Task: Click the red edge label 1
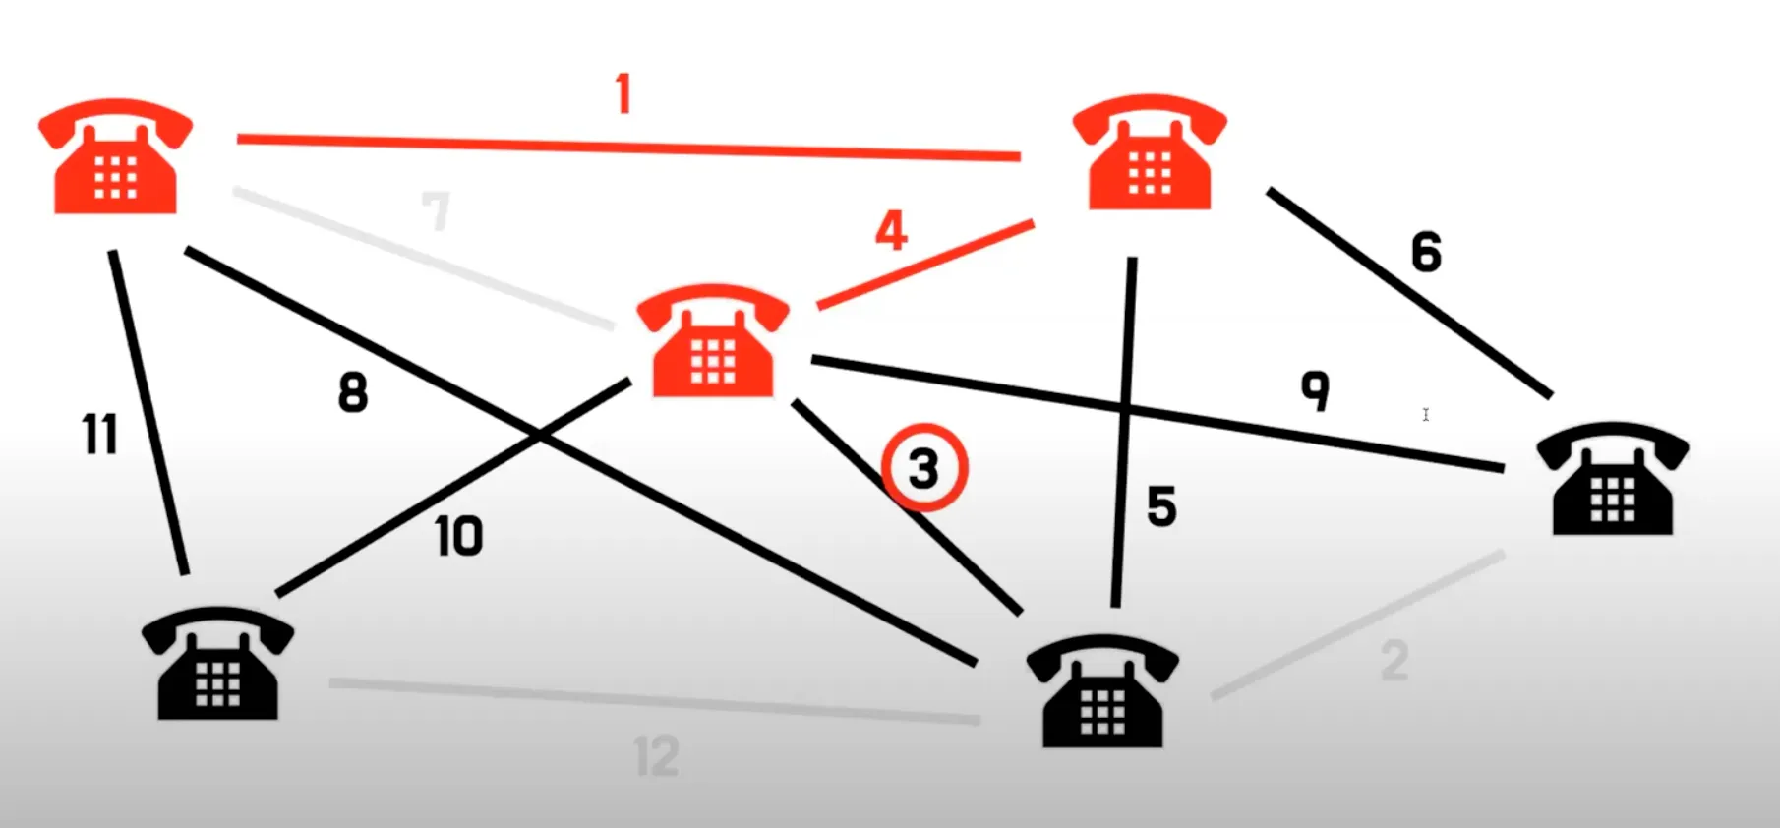[623, 95]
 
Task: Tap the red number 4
[891, 231]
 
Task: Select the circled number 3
[924, 468]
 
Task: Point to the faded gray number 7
[436, 209]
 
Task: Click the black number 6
[1427, 252]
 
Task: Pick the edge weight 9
[1316, 390]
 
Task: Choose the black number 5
[1161, 507]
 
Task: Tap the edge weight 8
[353, 392]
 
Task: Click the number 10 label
[459, 537]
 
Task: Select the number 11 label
[99, 434]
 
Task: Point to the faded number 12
[657, 756]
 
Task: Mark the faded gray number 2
[1394, 661]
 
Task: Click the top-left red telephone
[115, 156]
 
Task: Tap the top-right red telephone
[1150, 152]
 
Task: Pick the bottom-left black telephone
[217, 663]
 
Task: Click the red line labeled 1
[629, 148]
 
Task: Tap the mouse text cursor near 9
[1426, 415]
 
